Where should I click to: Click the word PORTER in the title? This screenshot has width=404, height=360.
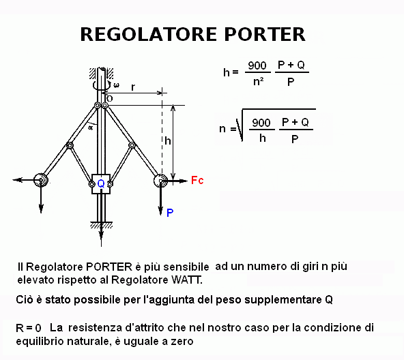tap(265, 34)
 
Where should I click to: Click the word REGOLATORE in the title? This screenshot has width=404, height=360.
tap(149, 34)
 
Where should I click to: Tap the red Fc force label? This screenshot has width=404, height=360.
tap(197, 180)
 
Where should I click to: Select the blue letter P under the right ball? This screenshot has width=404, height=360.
tap(170, 213)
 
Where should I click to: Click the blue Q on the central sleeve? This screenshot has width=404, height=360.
tap(101, 183)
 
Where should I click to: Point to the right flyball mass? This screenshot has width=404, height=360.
tap(160, 181)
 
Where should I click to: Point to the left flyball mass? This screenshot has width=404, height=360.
tap(41, 179)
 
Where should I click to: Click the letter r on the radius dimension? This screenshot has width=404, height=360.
tap(132, 87)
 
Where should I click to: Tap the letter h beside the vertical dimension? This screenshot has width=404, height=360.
tap(168, 140)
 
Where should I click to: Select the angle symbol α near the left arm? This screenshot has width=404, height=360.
tap(91, 127)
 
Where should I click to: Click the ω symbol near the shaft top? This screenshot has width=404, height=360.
tap(117, 85)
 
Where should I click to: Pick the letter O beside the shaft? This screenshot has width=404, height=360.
tap(110, 99)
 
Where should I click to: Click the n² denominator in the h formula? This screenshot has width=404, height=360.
tap(259, 82)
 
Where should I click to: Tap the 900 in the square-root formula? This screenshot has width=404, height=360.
tap(261, 123)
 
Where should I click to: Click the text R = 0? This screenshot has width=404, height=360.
tap(29, 328)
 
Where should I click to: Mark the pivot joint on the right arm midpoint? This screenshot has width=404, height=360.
tap(132, 145)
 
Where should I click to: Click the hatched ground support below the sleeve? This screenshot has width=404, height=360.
tap(101, 225)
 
